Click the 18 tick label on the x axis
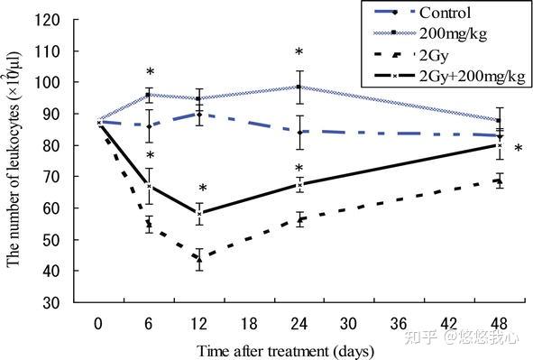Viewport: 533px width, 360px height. [249, 324]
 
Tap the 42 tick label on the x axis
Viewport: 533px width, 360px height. [449, 324]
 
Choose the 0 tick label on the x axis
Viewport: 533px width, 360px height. [98, 324]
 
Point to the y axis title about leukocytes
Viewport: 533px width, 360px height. [14, 159]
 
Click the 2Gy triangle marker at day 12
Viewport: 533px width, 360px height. [199, 260]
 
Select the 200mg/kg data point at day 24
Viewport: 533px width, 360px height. [299, 87]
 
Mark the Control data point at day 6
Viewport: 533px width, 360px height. [149, 126]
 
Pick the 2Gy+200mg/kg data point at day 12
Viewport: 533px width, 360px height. [199, 214]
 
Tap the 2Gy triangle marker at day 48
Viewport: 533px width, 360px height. [499, 180]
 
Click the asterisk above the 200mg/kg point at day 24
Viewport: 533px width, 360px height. [299, 52]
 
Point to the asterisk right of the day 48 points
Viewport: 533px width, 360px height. [519, 148]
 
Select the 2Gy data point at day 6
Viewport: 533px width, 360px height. [149, 224]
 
